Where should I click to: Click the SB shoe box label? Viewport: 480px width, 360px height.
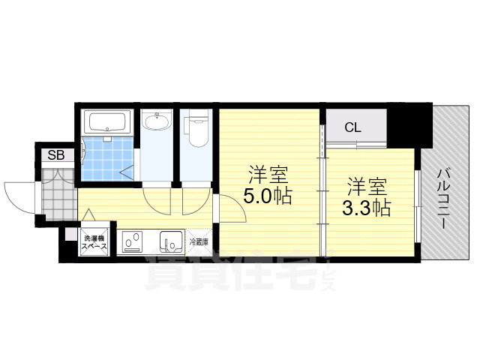click(56, 156)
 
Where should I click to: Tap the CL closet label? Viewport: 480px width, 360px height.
click(352, 127)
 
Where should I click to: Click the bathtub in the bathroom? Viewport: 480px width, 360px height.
click(108, 123)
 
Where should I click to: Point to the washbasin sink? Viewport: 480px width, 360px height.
click(157, 122)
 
